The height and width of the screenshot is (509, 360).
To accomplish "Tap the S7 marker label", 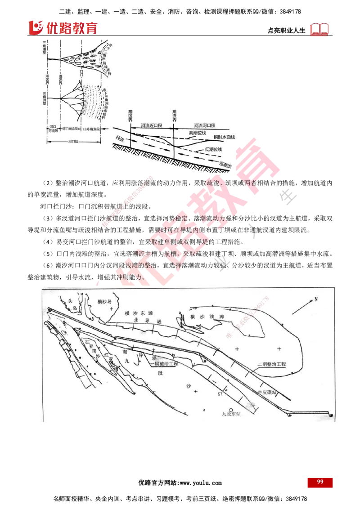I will [220, 393].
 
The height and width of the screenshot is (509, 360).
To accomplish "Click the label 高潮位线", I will [197, 133].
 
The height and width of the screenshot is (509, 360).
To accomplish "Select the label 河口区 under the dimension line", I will [72, 140].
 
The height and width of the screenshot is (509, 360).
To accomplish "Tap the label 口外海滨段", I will [94, 129].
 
